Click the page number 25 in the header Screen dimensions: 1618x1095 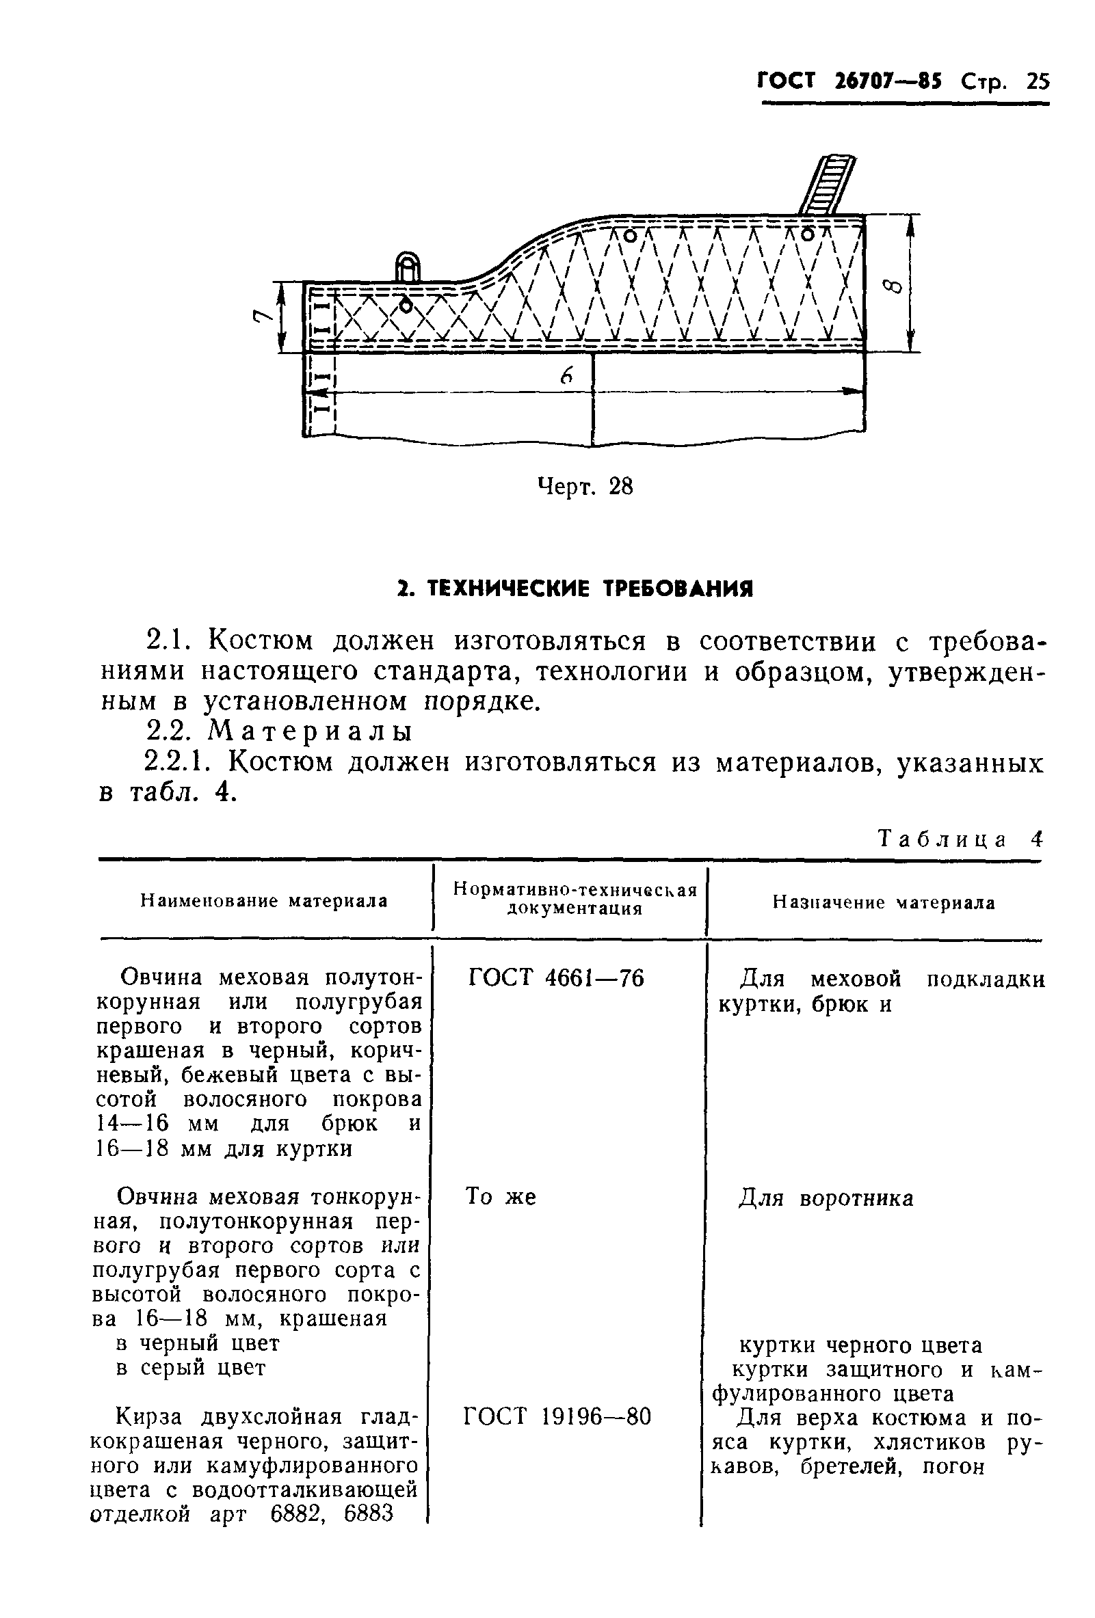(x=1036, y=82)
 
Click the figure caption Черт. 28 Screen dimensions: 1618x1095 (x=585, y=487)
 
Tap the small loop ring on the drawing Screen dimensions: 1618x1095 (x=408, y=267)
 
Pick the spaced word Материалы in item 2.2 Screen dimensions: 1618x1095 (x=311, y=731)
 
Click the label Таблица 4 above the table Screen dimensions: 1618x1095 (x=960, y=839)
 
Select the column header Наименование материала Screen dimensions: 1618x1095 (x=264, y=901)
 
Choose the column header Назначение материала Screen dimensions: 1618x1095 (x=883, y=903)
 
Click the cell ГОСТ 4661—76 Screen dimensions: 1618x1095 (x=556, y=978)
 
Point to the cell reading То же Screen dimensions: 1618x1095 (x=500, y=1196)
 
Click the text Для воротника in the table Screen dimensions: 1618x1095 (x=826, y=1198)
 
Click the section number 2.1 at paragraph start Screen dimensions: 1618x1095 (x=168, y=641)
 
